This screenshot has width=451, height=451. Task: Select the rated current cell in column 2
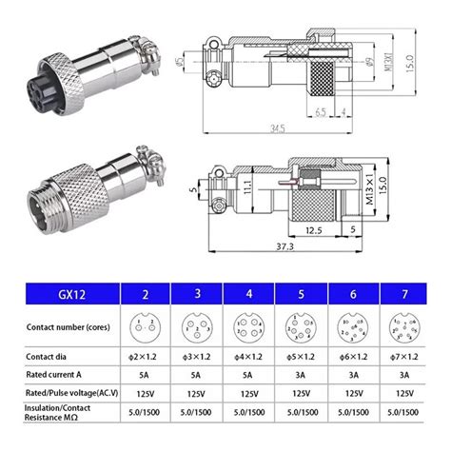coord(145,375)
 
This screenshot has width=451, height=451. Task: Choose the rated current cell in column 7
coord(404,375)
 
